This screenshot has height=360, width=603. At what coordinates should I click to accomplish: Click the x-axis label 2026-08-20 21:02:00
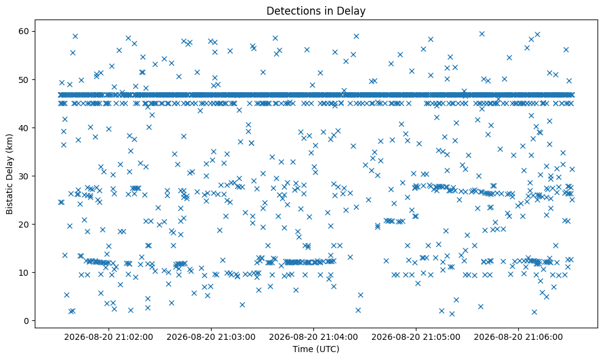coord(109,337)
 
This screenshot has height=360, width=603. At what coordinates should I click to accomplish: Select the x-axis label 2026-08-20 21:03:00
coord(211,337)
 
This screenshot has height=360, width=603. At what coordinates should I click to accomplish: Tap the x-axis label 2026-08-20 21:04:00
coord(313,337)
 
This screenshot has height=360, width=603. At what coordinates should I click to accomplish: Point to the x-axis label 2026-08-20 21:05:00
coord(416,337)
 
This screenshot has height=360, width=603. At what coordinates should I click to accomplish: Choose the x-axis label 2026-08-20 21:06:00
coord(518,337)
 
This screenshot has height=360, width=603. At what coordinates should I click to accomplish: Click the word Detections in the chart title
coord(294,11)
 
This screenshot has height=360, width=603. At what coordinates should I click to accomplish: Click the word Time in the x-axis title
coord(300,349)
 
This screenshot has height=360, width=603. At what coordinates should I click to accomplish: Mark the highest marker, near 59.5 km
coord(482,34)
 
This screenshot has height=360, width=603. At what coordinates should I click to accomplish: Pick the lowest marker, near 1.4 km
coord(452,314)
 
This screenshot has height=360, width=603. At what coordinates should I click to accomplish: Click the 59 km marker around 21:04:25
coord(356,36)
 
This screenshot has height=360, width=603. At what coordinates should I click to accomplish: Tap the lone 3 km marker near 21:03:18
coord(242,304)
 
